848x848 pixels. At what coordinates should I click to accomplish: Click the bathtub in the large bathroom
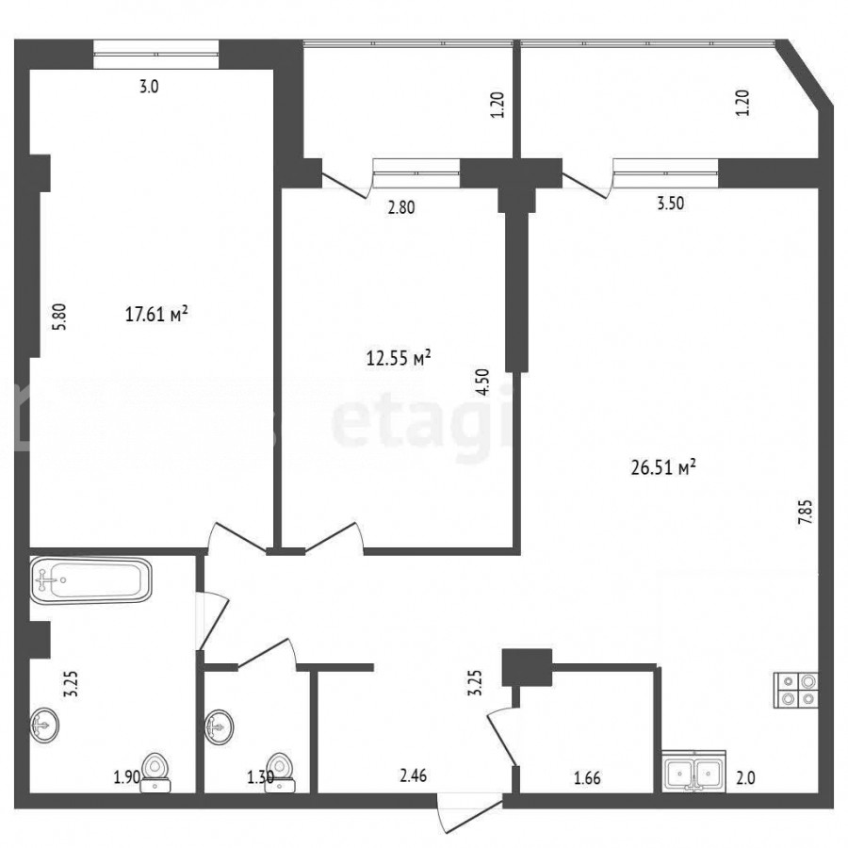point(90,580)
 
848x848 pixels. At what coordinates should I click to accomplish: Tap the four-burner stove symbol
point(796,689)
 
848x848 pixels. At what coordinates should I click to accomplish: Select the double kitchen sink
point(693,771)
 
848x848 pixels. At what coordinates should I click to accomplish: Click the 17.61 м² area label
point(156,314)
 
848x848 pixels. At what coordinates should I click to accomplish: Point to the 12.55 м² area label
point(399,357)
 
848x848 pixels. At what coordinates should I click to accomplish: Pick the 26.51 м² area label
point(663,466)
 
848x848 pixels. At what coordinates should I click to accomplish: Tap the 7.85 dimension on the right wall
point(806,512)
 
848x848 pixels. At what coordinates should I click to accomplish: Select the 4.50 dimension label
point(483,382)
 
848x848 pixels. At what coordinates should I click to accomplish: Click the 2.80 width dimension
point(401,207)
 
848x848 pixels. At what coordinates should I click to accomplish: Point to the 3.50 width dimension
point(670,204)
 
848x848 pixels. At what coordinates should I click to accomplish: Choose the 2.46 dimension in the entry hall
point(414,776)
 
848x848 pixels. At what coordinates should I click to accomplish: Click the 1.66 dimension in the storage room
point(587,777)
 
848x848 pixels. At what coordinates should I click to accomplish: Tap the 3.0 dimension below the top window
point(149,87)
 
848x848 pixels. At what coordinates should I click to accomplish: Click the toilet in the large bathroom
point(155,773)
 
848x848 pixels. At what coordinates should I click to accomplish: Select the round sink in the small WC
point(219,727)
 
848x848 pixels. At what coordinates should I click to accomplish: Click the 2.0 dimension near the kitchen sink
point(744,778)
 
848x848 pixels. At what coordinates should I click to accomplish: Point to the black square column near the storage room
point(527,667)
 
